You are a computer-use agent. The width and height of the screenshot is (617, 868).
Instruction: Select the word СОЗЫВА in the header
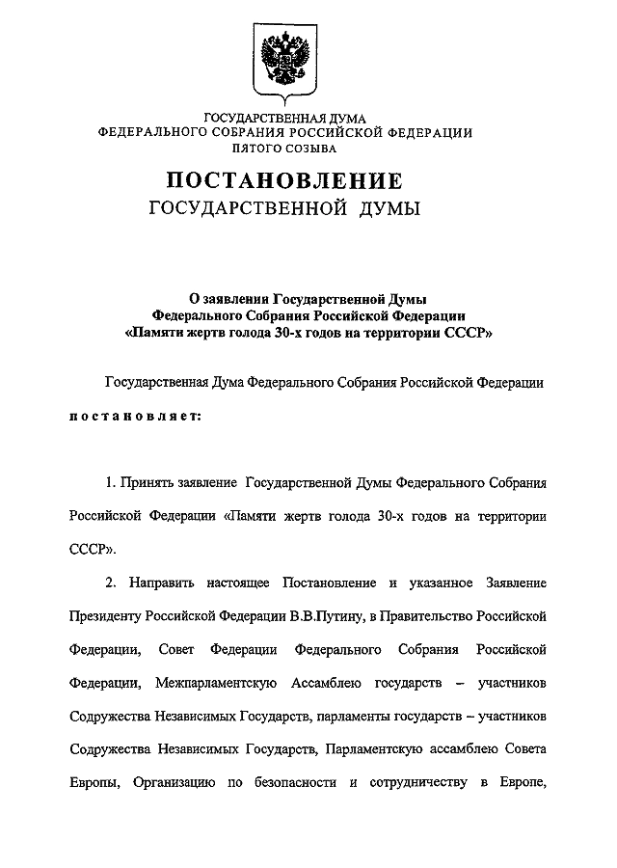coord(310,149)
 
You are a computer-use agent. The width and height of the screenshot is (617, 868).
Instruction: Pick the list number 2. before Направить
coord(110,583)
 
